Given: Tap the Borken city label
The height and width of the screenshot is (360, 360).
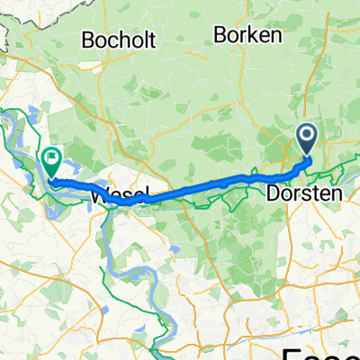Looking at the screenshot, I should click(x=248, y=34).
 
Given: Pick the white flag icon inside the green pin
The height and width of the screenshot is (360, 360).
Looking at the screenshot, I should click(x=51, y=158).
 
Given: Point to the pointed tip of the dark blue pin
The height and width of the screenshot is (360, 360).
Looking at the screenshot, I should click(x=307, y=155).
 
